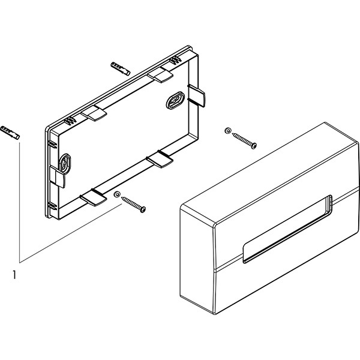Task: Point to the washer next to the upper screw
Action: click(x=227, y=130)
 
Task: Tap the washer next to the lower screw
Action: click(x=118, y=195)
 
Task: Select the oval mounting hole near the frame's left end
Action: click(x=66, y=162)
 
